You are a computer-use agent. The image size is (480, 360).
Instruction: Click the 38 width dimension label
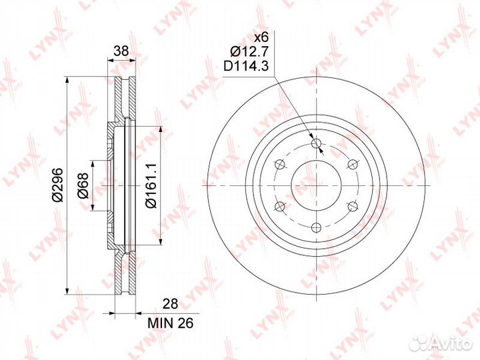(121, 51)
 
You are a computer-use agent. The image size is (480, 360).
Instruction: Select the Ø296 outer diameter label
(57, 185)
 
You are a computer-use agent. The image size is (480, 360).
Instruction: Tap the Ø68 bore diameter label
(83, 185)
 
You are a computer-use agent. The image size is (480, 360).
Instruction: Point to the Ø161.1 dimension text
(151, 185)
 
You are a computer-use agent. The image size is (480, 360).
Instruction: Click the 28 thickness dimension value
(170, 304)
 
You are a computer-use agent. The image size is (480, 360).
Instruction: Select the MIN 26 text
(171, 323)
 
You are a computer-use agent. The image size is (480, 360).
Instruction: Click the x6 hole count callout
(261, 37)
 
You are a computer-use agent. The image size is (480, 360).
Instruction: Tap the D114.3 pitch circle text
(246, 66)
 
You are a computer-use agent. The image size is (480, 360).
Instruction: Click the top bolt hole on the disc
(316, 143)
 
